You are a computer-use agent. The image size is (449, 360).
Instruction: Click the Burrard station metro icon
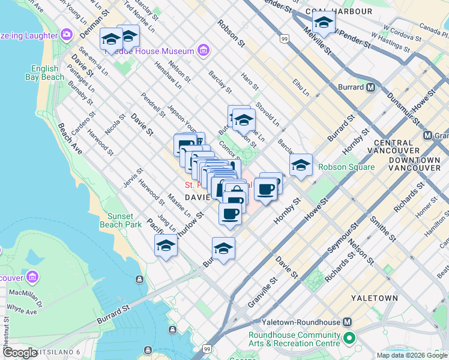pyautogui.click(x=370, y=87)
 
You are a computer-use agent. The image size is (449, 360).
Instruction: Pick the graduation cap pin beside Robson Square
pyautogui.click(x=301, y=165)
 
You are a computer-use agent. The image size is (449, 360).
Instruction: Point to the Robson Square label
pyautogui.click(x=346, y=167)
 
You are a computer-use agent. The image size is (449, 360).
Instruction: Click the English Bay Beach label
pyautogui.click(x=44, y=73)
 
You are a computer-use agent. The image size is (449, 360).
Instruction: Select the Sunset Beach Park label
pyautogui.click(x=124, y=220)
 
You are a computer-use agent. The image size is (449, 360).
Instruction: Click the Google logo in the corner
pyautogui.click(x=20, y=352)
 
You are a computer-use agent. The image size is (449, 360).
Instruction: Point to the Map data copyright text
pyautogui.click(x=412, y=355)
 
